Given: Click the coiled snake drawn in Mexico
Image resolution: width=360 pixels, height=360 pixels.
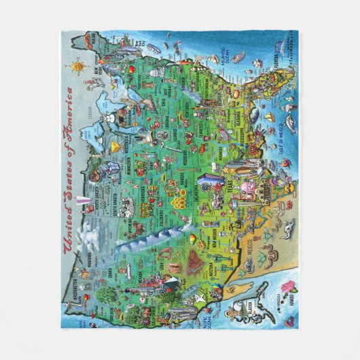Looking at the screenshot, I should coord(266,264).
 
